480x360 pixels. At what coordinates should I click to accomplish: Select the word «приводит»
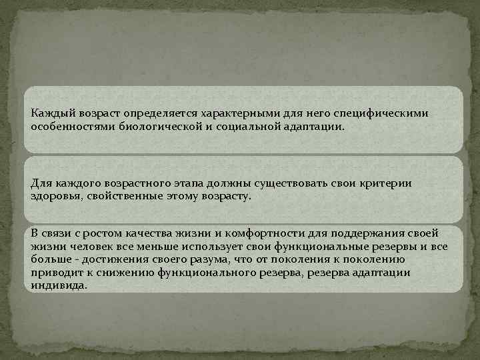[54, 272]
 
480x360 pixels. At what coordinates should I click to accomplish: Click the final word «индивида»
[59, 285]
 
